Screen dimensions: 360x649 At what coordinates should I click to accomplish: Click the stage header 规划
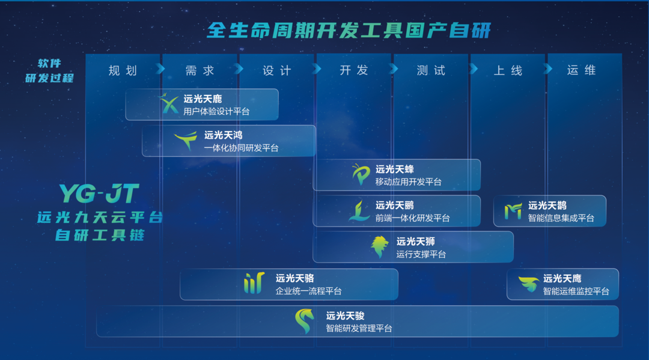[123, 70]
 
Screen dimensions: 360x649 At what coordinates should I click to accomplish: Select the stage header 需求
[200, 70]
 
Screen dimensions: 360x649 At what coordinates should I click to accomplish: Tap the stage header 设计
[277, 70]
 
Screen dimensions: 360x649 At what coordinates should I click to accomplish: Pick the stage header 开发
[354, 70]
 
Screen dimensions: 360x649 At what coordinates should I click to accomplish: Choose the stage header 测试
[431, 70]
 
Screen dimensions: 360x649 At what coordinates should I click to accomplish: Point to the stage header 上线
[508, 70]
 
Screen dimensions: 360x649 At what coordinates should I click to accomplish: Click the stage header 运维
[581, 70]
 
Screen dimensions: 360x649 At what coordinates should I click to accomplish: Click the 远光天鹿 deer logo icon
[169, 104]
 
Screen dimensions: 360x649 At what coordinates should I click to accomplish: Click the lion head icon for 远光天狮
[379, 246]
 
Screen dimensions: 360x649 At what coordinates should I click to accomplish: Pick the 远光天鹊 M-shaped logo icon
[513, 211]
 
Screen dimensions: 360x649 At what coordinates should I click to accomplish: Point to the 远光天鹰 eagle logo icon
[528, 284]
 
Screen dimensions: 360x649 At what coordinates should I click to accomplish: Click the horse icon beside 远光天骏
[305, 322]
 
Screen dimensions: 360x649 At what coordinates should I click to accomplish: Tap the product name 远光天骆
[294, 278]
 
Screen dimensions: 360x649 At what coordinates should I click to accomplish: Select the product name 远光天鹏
[394, 205]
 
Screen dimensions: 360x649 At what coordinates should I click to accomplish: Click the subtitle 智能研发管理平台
[359, 328]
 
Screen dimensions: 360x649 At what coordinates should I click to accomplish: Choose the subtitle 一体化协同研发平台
[241, 148]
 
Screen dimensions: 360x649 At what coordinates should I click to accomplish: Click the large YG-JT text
[99, 194]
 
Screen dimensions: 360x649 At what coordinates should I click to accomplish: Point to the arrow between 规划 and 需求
[160, 69]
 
